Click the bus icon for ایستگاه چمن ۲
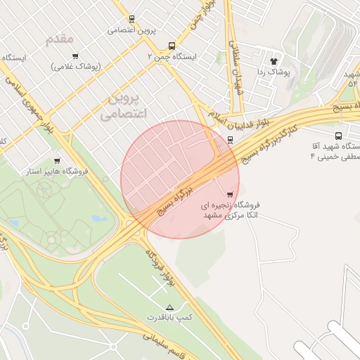(153, 44)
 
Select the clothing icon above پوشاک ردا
(274, 61)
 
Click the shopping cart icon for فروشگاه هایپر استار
(57, 160)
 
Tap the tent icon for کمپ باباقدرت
(169, 307)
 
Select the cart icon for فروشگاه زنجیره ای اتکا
(229, 194)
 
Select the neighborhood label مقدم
(60, 39)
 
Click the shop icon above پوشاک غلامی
(75, 55)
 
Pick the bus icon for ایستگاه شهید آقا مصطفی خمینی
(338, 136)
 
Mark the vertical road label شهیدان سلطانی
(237, 60)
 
